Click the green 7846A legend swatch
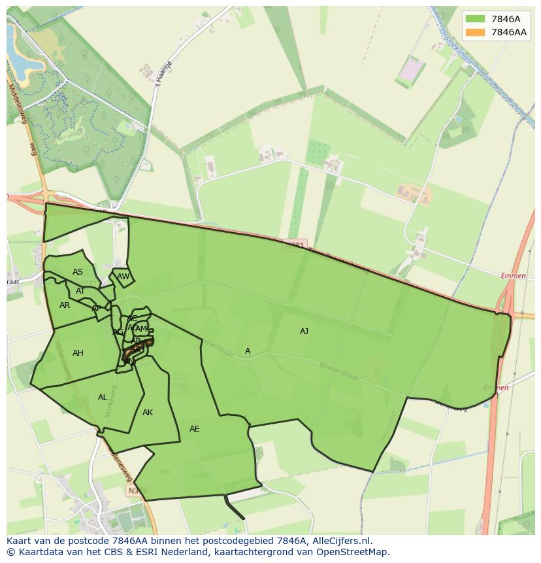[x=476, y=19]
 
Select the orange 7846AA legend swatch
[x=476, y=32]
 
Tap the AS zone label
[x=78, y=272]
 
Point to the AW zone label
[x=123, y=277]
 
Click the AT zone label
[x=80, y=291]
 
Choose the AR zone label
[x=65, y=305]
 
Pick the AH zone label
[x=78, y=353]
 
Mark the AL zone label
[x=103, y=398]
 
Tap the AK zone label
[x=148, y=413]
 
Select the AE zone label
[x=194, y=429]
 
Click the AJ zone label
[x=304, y=332]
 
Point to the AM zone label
[x=142, y=329]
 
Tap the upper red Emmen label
[x=514, y=276]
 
